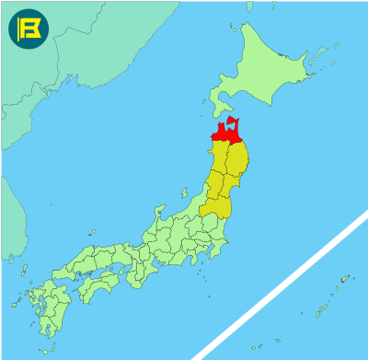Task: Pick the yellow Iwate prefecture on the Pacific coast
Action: tap(237, 160)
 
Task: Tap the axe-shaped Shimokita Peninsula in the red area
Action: tap(236, 123)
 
